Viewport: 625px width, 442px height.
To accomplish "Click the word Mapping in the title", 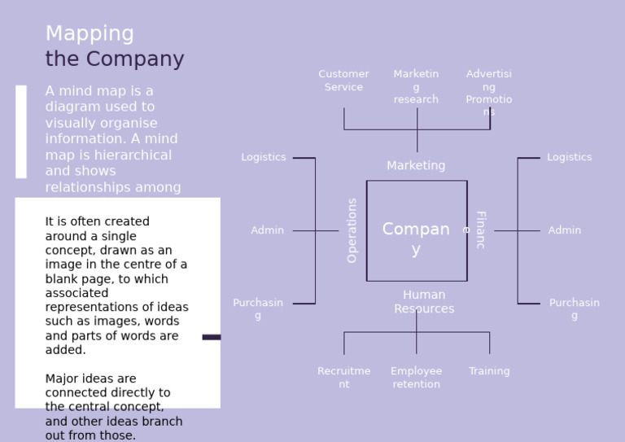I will pos(90,34).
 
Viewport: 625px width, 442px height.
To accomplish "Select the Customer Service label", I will pos(343,81).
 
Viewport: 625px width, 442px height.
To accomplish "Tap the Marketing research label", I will pos(416,86).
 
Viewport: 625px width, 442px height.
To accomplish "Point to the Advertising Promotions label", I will pos(489,92).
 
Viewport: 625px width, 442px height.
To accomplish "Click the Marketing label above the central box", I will pos(416,165).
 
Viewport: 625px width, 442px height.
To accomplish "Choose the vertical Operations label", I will pos(352,230).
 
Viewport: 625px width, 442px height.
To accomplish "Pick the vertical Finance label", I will pos(479,230).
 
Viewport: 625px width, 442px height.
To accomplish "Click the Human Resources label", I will pos(424,301).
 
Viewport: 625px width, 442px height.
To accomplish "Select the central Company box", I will pos(417,231).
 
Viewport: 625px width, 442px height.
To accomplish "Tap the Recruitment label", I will pos(343,377).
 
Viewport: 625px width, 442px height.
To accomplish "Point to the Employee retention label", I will pos(416,377).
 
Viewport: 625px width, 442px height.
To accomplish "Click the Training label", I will pos(489,371).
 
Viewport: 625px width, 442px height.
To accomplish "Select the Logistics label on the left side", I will pos(264,157).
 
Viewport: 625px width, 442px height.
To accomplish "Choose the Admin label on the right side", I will pos(565,230).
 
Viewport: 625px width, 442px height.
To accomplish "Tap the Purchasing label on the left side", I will pos(258,309).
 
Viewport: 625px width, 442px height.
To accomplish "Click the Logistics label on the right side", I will pos(570,157).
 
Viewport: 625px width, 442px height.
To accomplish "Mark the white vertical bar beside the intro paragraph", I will pos(21,131).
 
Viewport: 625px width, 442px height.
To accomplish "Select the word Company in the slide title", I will pos(135,59).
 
